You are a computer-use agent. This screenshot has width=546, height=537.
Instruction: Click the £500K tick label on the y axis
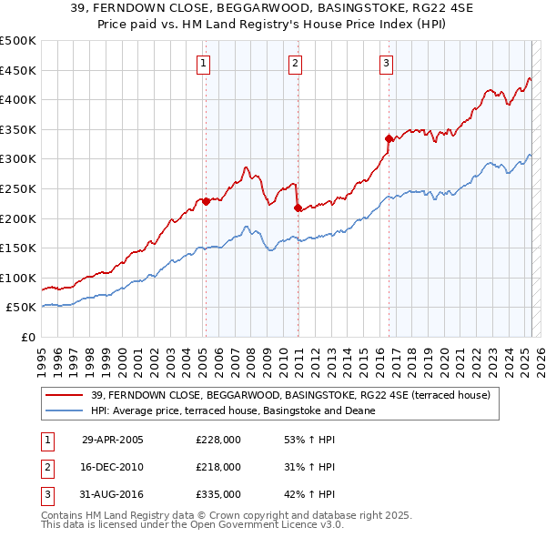click(18, 41)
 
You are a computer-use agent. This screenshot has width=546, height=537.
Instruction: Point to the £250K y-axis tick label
click(18, 188)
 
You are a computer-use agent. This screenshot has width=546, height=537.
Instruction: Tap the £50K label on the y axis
click(22, 308)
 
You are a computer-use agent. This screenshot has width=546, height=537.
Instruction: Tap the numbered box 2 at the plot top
click(296, 63)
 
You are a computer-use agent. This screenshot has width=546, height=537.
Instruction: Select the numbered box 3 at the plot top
click(387, 63)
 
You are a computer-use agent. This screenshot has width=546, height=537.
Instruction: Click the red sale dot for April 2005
click(207, 202)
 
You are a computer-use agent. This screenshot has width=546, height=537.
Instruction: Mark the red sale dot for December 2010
click(298, 208)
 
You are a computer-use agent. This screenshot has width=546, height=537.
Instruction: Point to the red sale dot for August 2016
click(389, 138)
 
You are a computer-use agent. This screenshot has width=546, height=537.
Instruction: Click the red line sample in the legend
click(65, 395)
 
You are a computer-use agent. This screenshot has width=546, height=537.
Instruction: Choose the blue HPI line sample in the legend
click(65, 410)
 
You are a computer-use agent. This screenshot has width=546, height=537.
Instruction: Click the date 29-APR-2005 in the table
click(113, 440)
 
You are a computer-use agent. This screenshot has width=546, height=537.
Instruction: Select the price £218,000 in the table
click(218, 467)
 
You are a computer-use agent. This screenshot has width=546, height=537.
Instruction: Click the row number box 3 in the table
click(46, 494)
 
